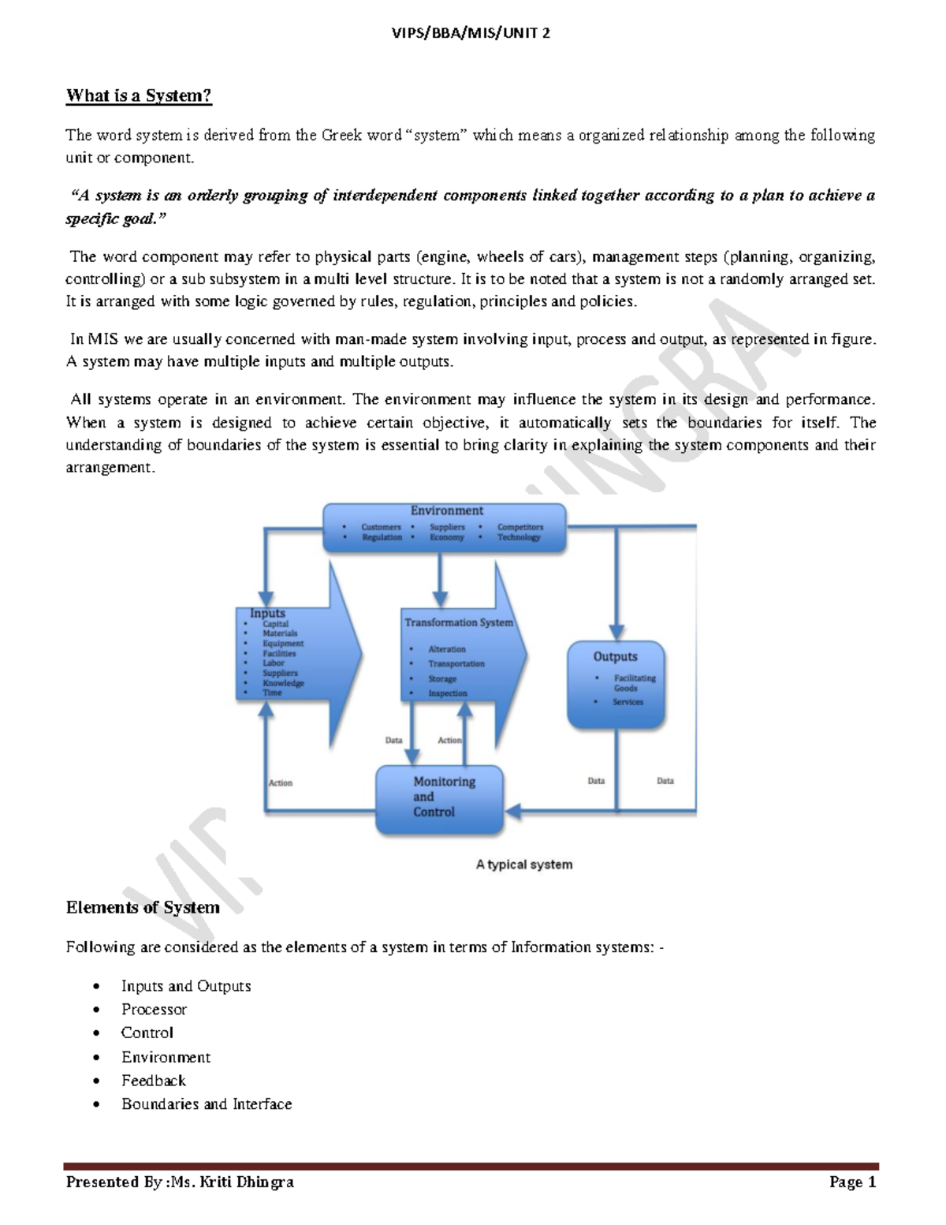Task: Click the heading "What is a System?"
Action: (139, 96)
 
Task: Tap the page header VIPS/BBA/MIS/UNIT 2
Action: (471, 33)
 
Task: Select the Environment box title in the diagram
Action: (446, 511)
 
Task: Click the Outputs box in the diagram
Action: (616, 683)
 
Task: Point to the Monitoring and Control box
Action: (439, 799)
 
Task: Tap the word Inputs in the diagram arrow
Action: (267, 613)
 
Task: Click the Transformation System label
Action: (459, 622)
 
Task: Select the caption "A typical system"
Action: (524, 865)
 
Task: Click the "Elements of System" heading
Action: (143, 908)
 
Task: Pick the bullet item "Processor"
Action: (154, 1010)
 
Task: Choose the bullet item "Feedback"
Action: (154, 1081)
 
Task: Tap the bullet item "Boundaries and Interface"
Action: (207, 1104)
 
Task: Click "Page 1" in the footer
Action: (852, 1182)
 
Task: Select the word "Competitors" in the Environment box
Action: (520, 527)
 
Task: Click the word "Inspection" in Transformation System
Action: (448, 693)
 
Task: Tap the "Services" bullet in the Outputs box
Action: (628, 702)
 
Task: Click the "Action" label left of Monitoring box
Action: (281, 783)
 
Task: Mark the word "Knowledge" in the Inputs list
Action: (283, 683)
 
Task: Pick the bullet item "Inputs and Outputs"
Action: (186, 986)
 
